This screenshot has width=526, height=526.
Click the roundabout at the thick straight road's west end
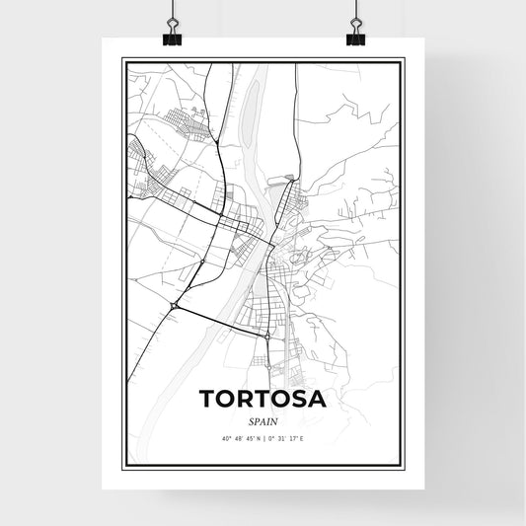[175, 307]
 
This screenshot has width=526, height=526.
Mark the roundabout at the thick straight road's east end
[267, 338]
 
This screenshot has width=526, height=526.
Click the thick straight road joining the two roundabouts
[221, 322]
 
